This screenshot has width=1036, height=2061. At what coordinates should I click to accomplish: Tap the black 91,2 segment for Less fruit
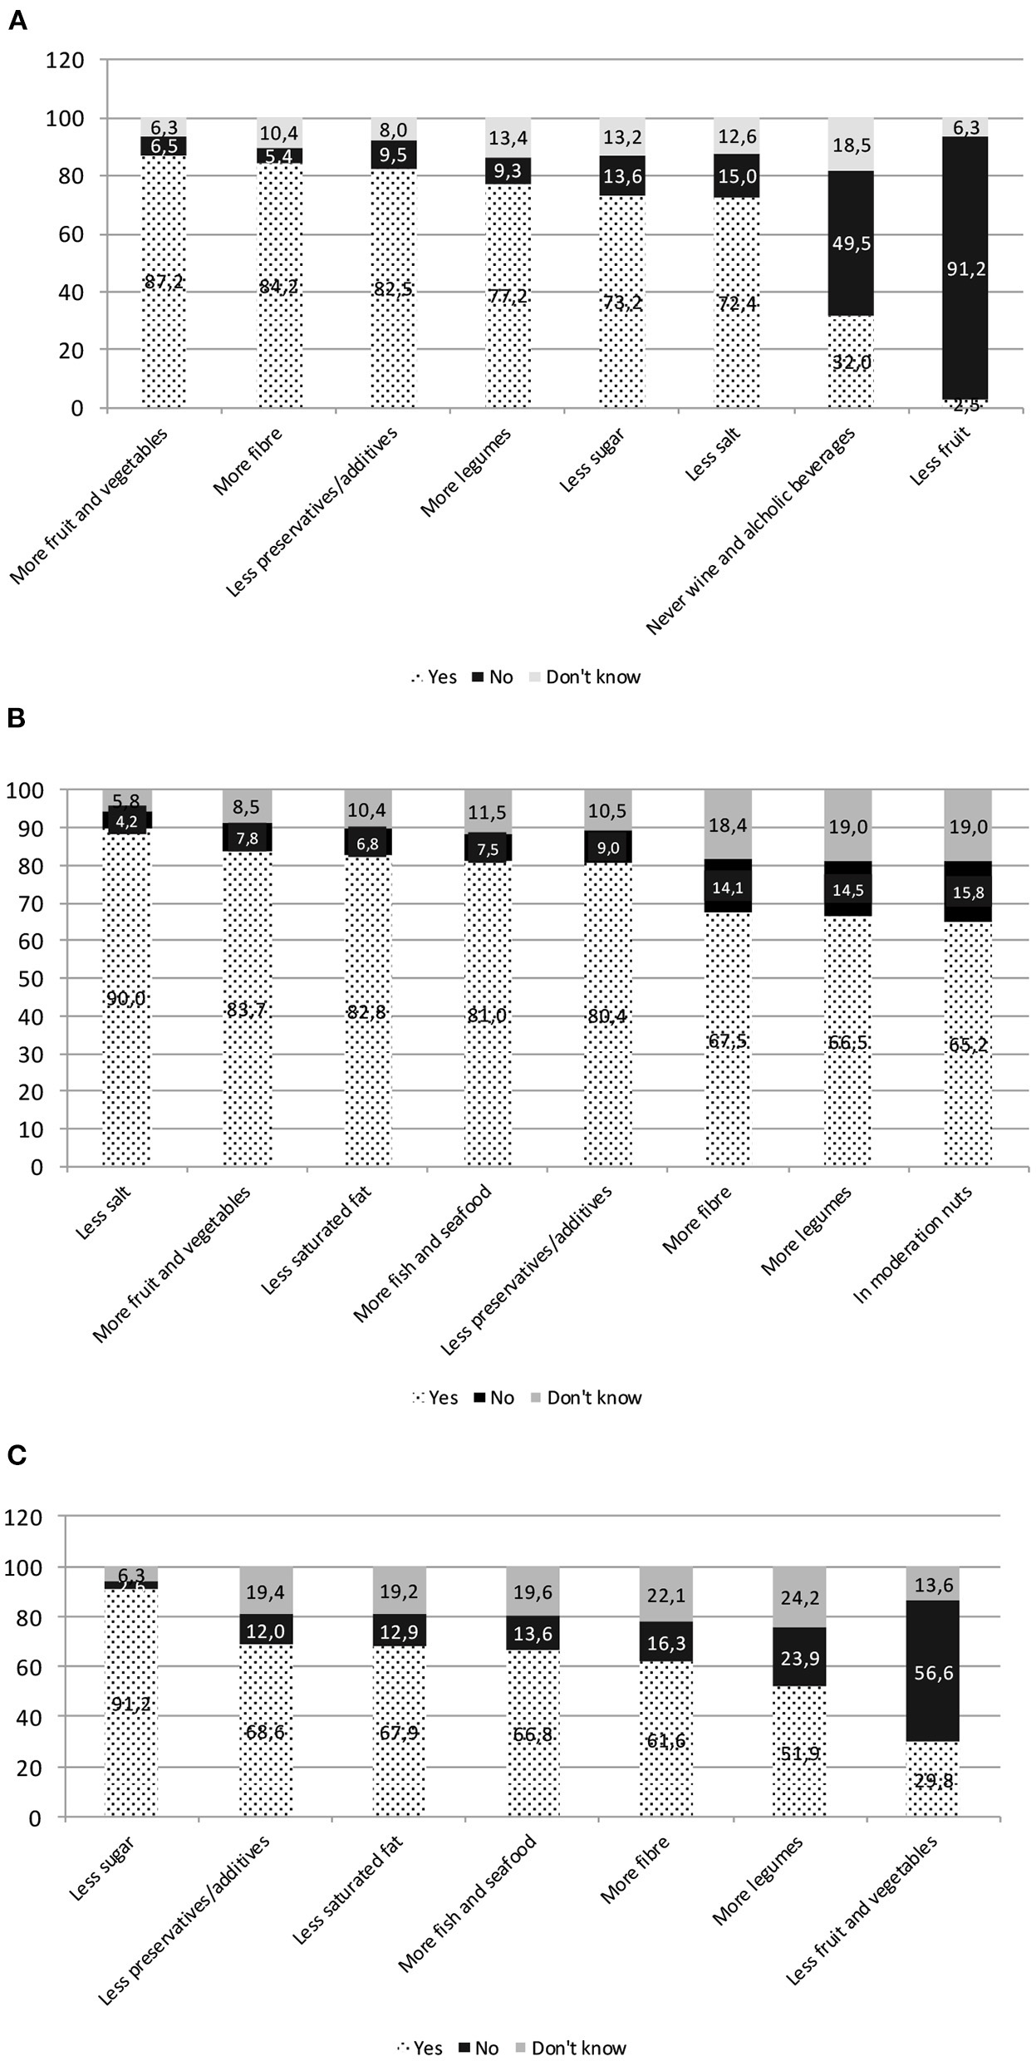click(965, 268)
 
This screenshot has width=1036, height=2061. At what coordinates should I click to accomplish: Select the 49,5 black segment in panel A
click(851, 243)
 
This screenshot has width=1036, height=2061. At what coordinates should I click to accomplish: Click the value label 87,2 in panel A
click(164, 282)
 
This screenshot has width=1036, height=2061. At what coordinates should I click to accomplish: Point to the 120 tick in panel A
click(66, 60)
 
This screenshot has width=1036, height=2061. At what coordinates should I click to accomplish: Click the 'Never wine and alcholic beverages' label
click(750, 532)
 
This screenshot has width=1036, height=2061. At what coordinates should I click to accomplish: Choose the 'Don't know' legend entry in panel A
click(583, 677)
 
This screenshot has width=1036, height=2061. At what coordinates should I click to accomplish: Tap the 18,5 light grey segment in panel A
click(851, 145)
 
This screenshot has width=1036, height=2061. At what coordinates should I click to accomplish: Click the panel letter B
click(17, 719)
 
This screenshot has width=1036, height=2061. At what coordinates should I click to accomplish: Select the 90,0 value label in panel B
click(126, 999)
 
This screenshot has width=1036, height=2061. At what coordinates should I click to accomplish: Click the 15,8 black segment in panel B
click(968, 892)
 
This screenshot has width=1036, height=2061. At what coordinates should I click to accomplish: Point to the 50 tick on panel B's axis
click(31, 978)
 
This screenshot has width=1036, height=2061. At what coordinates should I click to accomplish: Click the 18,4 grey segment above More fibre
click(728, 824)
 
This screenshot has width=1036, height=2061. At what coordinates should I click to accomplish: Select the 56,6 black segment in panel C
click(933, 1671)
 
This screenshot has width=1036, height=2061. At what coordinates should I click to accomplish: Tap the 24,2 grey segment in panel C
click(799, 1596)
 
